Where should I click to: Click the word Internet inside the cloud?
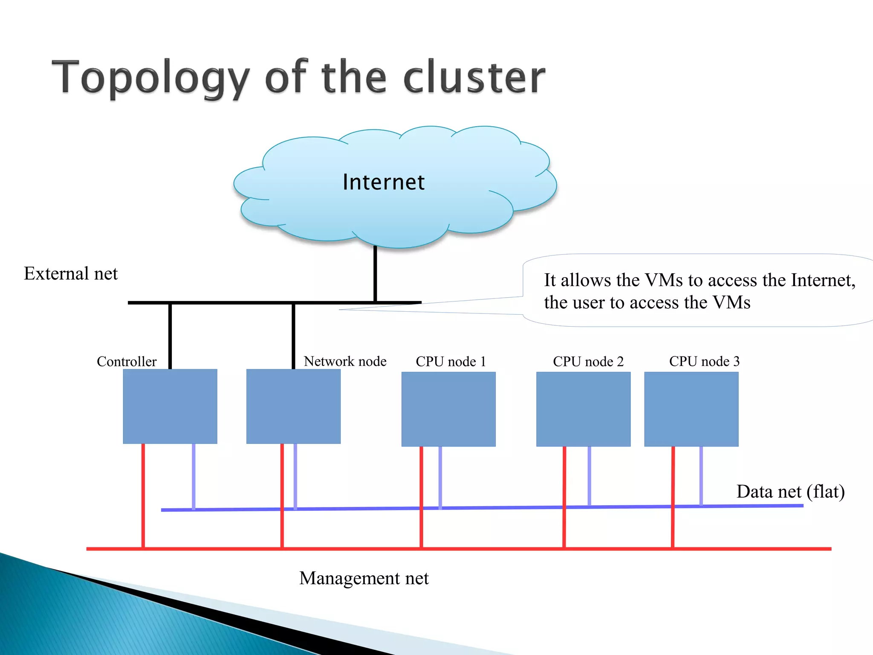384,182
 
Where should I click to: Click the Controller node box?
170,406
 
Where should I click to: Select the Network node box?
293,406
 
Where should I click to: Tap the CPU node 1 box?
448,409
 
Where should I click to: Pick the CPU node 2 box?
583,409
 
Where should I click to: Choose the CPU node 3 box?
691,409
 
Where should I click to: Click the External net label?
71,273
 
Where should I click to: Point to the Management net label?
364,578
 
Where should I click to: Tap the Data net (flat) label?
790,492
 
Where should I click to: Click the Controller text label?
127,362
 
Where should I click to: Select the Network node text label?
345,361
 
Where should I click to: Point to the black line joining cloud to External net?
375,273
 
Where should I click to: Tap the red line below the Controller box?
143,495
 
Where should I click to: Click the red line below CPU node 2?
564,495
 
